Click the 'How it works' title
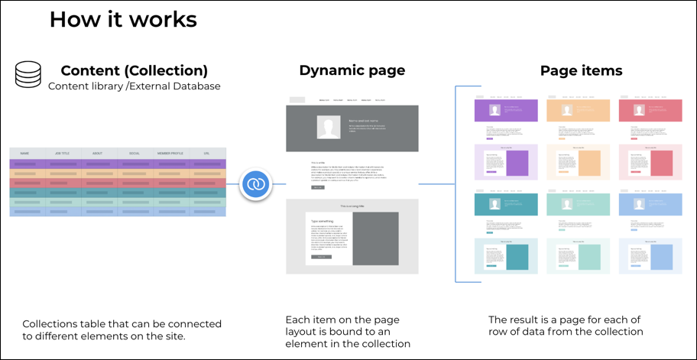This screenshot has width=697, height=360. point(123,19)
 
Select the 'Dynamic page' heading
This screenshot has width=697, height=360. point(352,71)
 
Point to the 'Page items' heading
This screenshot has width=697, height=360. point(581,71)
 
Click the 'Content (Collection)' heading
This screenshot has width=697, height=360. point(135,71)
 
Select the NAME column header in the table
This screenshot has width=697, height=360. point(25,153)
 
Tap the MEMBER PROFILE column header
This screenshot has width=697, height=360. point(170,153)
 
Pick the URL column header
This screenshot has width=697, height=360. point(207,153)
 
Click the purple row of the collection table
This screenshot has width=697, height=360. point(118,164)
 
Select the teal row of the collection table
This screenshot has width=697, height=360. point(118,193)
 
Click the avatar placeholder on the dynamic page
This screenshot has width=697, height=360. point(329,128)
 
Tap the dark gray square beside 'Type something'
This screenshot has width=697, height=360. point(375,238)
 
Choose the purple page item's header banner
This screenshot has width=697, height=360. point(505,111)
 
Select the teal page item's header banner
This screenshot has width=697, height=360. point(505,204)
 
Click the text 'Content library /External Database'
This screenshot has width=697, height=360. point(135,86)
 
